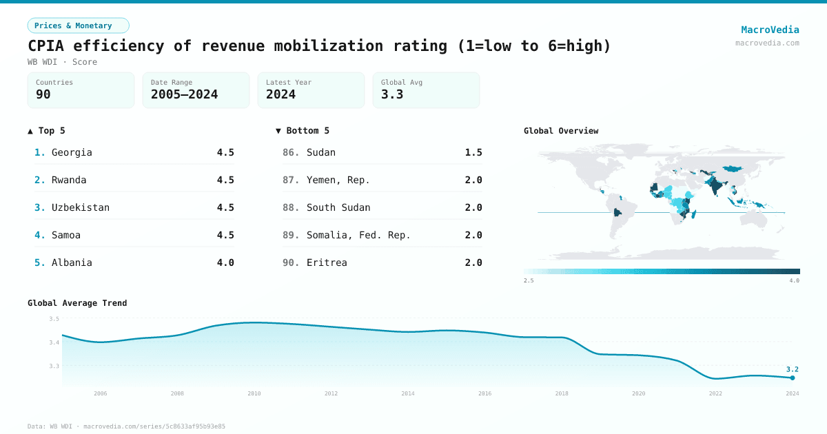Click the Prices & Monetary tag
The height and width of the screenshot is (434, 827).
[78, 25]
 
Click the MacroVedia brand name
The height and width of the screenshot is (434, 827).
[770, 30]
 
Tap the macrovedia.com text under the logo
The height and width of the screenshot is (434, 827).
[767, 43]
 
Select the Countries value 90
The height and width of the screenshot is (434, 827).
[43, 94]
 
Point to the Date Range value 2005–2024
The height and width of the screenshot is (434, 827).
[184, 94]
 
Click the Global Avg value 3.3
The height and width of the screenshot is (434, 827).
[392, 94]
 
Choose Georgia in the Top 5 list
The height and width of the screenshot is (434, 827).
[72, 152]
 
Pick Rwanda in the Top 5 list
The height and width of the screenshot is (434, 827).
[69, 180]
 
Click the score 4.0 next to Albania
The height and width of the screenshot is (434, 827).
[225, 262]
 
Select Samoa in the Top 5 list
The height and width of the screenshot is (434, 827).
[66, 235]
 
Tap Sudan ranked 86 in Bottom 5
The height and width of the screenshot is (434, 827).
[321, 152]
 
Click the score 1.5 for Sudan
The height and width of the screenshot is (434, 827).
[473, 152]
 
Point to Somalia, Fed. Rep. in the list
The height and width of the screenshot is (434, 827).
[358, 235]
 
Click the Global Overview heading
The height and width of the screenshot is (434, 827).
[561, 131]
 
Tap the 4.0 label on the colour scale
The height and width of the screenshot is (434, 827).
[794, 280]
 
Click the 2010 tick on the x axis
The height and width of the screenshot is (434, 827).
[254, 393]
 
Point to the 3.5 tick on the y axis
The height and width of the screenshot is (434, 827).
[54, 319]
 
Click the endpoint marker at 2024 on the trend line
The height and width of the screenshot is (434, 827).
[793, 378]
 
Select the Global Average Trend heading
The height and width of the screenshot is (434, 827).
[77, 303]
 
